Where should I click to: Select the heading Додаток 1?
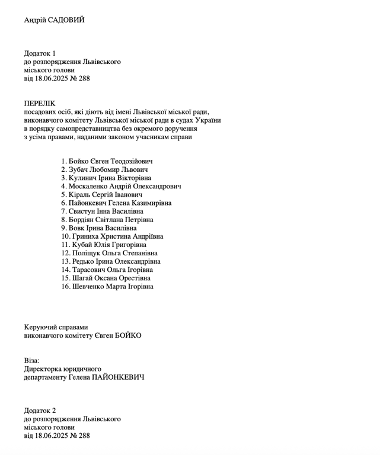40,53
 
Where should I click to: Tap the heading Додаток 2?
40,411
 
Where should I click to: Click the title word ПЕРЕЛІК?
40,103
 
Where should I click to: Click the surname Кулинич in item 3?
85,178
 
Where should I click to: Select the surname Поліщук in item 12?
88,252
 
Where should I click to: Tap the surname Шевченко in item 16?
89,286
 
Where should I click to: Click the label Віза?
31,360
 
